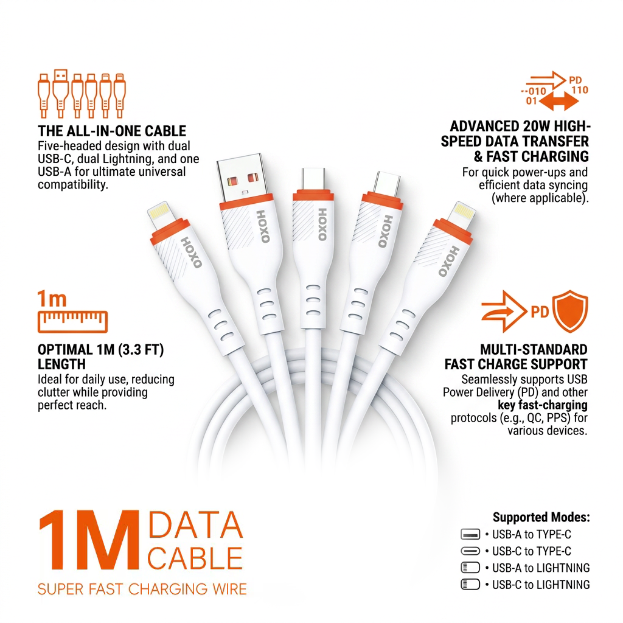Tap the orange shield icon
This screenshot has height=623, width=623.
pyautogui.click(x=570, y=311)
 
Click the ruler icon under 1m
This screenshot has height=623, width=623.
pyautogui.click(x=73, y=321)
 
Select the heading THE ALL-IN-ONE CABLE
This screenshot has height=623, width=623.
pyautogui.click(x=112, y=131)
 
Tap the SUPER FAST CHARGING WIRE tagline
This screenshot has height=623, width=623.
pyautogui.click(x=142, y=589)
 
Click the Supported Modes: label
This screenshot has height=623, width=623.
pyautogui.click(x=541, y=517)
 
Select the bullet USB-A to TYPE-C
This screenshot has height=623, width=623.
pyautogui.click(x=529, y=534)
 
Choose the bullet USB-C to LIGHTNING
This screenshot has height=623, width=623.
pyautogui.click(x=538, y=585)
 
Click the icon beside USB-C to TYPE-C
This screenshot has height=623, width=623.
pyautogui.click(x=470, y=551)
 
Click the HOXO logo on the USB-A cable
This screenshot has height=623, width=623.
pyautogui.click(x=263, y=226)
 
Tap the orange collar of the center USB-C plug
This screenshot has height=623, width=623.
pyautogui.click(x=313, y=195)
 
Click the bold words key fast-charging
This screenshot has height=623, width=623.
pyautogui.click(x=542, y=405)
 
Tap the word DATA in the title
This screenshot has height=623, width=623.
pyautogui.click(x=195, y=525)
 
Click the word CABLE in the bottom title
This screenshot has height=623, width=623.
pyautogui.click(x=195, y=559)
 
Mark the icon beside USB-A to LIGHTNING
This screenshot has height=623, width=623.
pyautogui.click(x=470, y=568)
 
